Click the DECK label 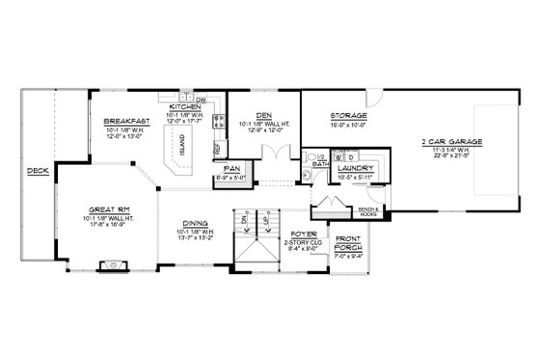tap(37, 172)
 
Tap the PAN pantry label tap(231, 172)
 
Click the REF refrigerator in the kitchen tap(216, 151)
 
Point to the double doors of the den tap(279, 155)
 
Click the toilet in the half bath tap(311, 153)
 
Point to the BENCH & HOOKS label tap(368, 209)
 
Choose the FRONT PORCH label tap(350, 246)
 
